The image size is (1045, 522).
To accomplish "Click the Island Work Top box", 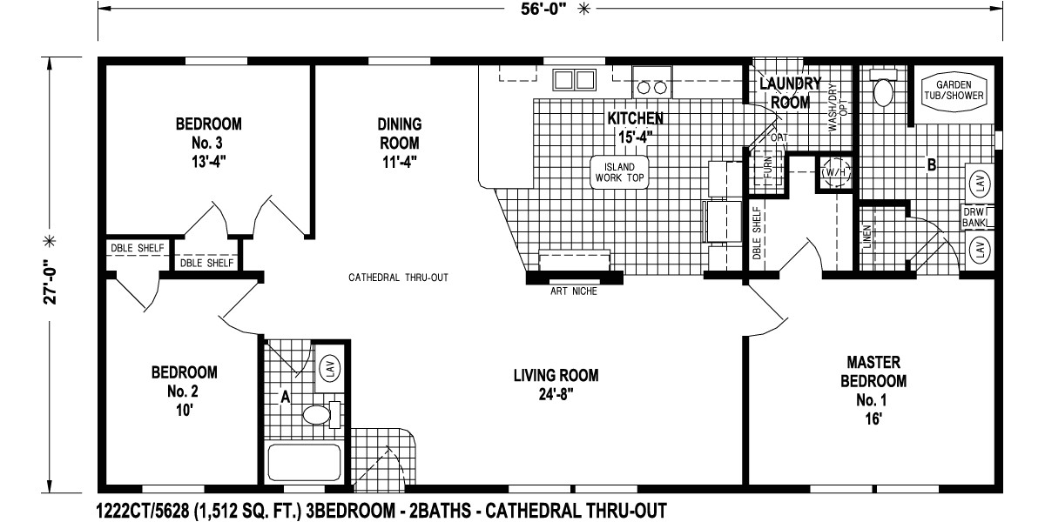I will (621, 171).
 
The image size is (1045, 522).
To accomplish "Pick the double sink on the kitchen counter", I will (574, 81).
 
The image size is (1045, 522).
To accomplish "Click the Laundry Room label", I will (789, 92).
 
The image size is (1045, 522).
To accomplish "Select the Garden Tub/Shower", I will (955, 89).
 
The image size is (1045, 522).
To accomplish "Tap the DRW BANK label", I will (973, 217).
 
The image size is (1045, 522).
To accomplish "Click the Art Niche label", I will (573, 291).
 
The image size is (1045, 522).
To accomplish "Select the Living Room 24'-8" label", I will (555, 384).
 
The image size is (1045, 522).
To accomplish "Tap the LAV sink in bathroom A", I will (329, 368).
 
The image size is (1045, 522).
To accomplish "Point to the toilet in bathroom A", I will (320, 413).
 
